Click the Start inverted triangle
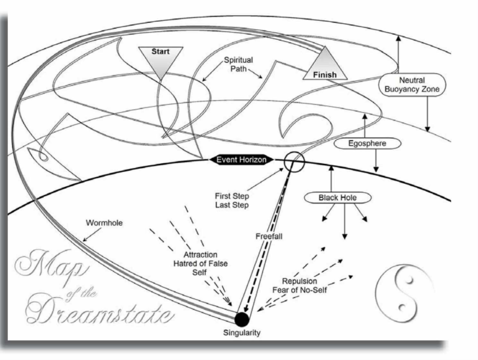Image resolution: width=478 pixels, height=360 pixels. pyautogui.click(x=160, y=59)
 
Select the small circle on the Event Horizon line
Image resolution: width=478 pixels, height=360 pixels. pyautogui.click(x=294, y=161)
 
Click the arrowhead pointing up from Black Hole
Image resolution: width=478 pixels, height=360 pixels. pyautogui.click(x=331, y=168)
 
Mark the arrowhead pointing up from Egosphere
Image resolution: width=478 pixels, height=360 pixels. pyautogui.click(x=365, y=116)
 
